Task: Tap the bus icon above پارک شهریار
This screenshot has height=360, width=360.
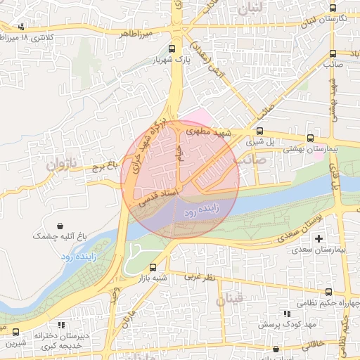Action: click(172, 49)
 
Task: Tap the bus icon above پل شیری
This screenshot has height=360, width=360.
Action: click(259, 131)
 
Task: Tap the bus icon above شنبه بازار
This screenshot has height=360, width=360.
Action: click(153, 267)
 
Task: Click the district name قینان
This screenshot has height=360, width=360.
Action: click(229, 300)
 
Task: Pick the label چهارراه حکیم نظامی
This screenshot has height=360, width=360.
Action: click(328, 304)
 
